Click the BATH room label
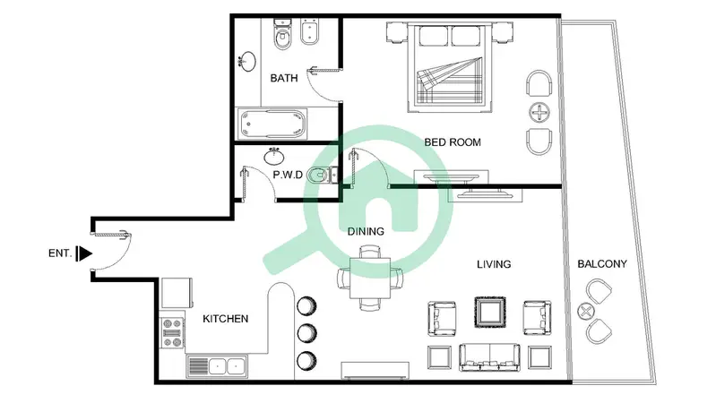coord(283,78)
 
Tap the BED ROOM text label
coord(452,142)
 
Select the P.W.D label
coord(288,175)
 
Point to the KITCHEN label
coord(225,319)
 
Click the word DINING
coord(366,231)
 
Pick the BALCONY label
coord(602,264)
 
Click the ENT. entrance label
coord(60,253)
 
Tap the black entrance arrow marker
coord(84,253)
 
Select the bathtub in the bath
coord(272,124)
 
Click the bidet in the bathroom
coord(309,33)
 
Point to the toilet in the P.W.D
coord(321,176)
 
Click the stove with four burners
coord(172,333)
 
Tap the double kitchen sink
coord(217,366)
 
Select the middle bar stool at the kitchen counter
coord(306,333)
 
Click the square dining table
coord(370,278)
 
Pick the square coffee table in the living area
coord(490,313)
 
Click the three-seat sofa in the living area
coord(489,357)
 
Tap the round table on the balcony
coord(585,312)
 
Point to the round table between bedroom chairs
coord(539,112)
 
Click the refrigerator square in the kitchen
coord(177,293)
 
